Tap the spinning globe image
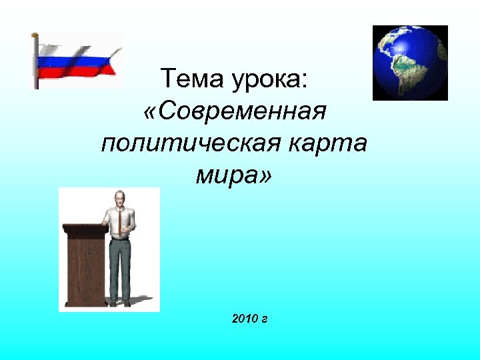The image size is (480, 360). coord(409,63)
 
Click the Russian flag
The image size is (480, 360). coord(77,60)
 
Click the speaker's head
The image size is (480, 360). coord(119,199)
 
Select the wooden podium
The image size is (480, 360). coord(85,267)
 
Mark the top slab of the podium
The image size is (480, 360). coord(85,229)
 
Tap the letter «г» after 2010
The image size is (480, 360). coord(265,320)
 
